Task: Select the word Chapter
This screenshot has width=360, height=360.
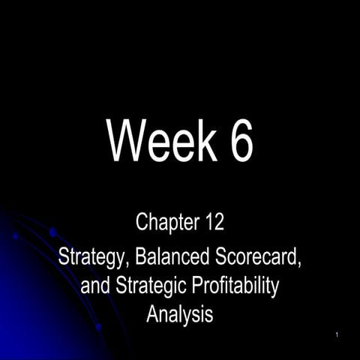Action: pos(166,223)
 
